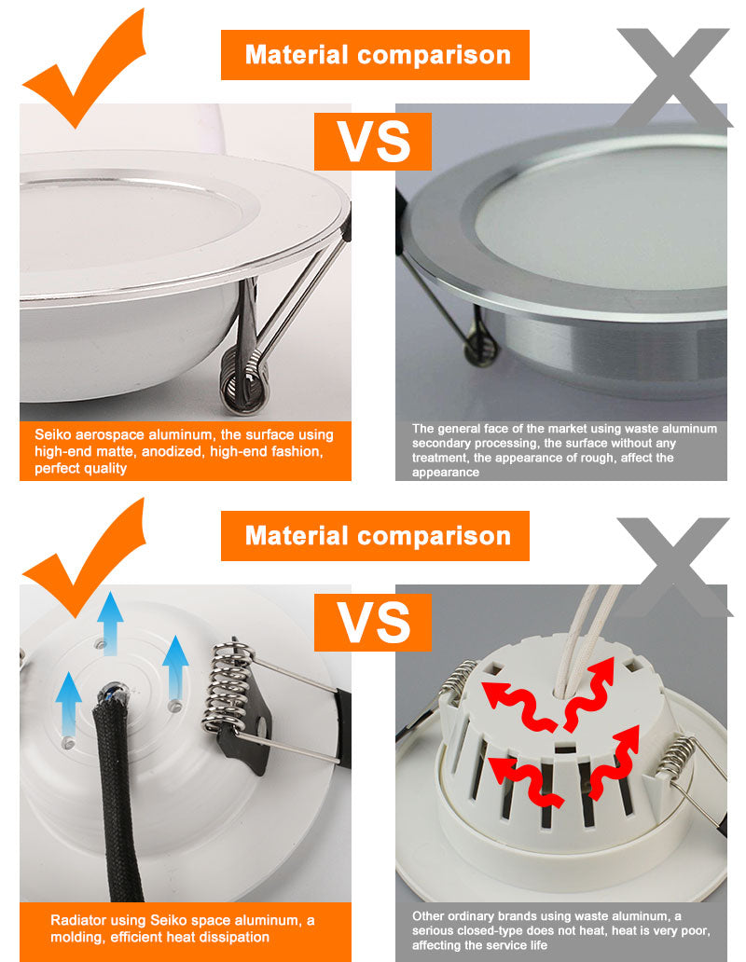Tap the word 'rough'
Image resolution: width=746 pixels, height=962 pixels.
(x=601, y=458)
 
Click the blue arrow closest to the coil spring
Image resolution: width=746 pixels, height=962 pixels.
(x=174, y=667)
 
